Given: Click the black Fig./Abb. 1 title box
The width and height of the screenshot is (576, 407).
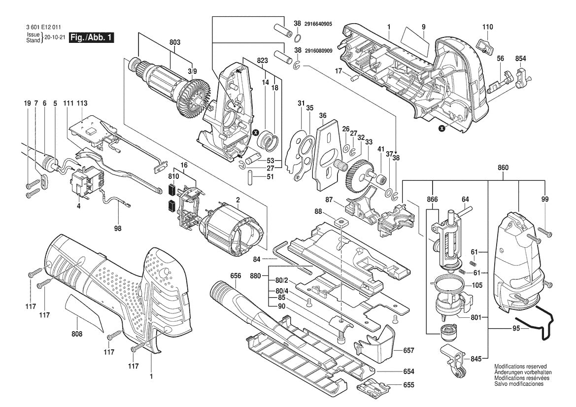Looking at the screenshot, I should coord(92,37).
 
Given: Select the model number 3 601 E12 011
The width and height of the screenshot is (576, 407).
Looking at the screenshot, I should coord(42,28).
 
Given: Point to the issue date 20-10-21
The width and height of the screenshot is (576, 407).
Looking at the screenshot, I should coord(55,37).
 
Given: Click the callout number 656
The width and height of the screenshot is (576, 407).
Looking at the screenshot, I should coord(236,276).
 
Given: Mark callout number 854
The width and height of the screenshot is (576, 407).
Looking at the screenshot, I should coord(520,59).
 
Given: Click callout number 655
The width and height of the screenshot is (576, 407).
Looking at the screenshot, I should coord(408,385).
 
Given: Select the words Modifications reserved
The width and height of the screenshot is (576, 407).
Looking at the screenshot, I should coord(520,367).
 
